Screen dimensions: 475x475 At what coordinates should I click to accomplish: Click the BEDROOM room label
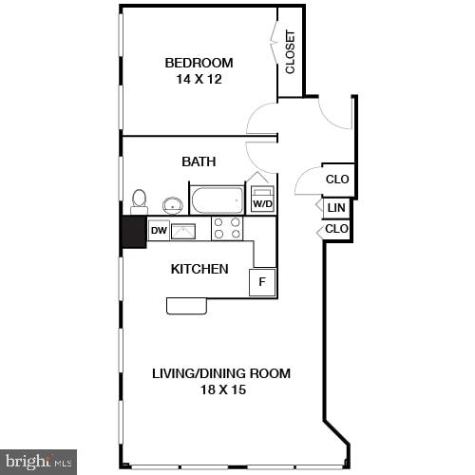pos(199,63)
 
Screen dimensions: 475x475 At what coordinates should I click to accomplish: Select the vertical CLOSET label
pos(290,52)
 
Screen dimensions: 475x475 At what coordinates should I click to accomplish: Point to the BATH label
pos(199,161)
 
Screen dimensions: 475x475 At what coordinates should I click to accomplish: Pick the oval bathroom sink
pos(172,204)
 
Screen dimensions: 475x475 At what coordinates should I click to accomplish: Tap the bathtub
pos(218,200)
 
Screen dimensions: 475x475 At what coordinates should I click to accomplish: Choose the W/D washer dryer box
pos(261,200)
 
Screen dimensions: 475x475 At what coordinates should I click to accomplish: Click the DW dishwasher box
pos(159,229)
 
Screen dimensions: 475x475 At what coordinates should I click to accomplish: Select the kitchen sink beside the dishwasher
pos(183,230)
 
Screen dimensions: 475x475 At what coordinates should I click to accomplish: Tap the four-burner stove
pos(226,228)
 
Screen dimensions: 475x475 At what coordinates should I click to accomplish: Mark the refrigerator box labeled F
pos(262,281)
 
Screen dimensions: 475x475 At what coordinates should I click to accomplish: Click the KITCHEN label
pos(199,269)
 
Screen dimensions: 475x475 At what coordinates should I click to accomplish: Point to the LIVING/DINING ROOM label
pos(221,373)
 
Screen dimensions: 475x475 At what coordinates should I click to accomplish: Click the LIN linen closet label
pos(335,208)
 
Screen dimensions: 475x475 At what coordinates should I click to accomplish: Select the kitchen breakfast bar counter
pos(187,305)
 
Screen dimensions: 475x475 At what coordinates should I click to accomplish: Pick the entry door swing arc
pos(335,112)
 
